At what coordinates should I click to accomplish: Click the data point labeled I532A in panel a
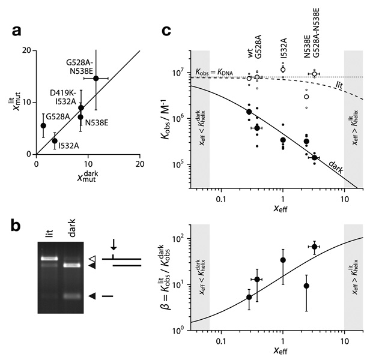click(x=55, y=141)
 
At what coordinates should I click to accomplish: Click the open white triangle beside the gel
click(x=92, y=259)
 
